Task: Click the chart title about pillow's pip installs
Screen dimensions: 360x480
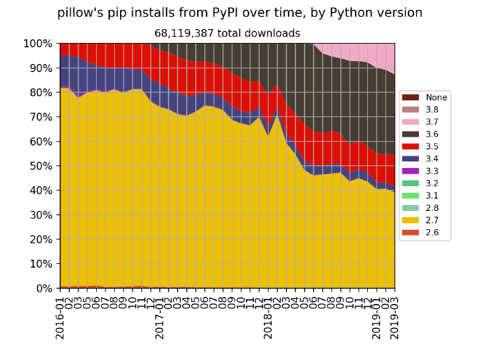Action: point(239,13)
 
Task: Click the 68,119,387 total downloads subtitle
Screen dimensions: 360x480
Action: point(227,33)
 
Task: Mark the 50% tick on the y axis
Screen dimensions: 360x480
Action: point(41,166)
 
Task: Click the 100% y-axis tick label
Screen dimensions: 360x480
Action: point(38,44)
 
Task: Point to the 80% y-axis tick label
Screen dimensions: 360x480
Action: point(41,92)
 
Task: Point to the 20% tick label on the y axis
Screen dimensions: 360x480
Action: point(41,239)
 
